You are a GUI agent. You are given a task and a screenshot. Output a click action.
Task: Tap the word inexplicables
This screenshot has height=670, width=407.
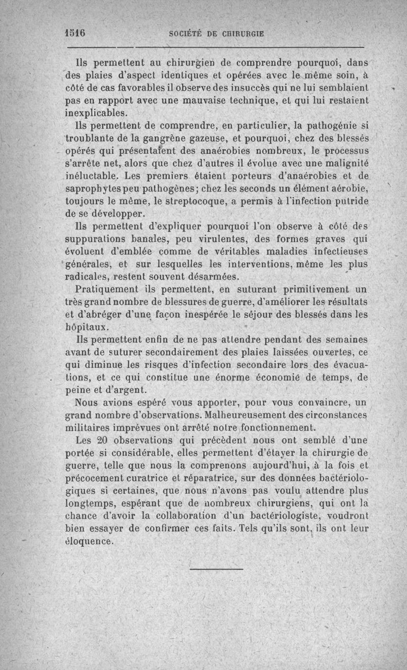[96, 113]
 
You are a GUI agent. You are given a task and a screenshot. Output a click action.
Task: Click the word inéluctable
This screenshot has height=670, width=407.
[96, 176]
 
